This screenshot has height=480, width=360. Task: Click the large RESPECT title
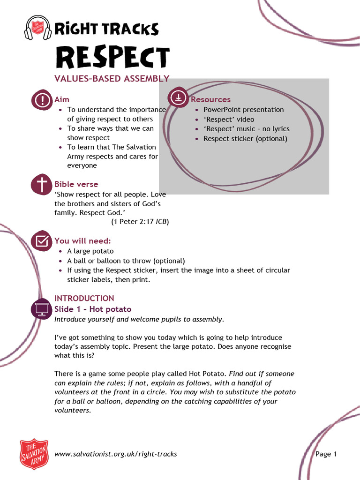(x=112, y=58)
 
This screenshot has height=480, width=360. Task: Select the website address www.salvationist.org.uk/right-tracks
(x=116, y=454)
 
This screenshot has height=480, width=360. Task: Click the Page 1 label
(x=326, y=454)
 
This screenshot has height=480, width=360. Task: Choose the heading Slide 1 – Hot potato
(x=93, y=309)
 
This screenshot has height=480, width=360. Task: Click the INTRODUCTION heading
(x=84, y=298)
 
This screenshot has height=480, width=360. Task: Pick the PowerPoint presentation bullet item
(x=243, y=110)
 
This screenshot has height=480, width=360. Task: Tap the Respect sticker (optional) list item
(x=245, y=139)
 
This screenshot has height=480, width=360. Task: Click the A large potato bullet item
(x=90, y=251)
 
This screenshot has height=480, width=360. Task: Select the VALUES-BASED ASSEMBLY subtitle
(x=112, y=79)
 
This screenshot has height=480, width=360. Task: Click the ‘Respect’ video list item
(x=229, y=120)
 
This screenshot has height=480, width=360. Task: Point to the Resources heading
(x=210, y=99)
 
